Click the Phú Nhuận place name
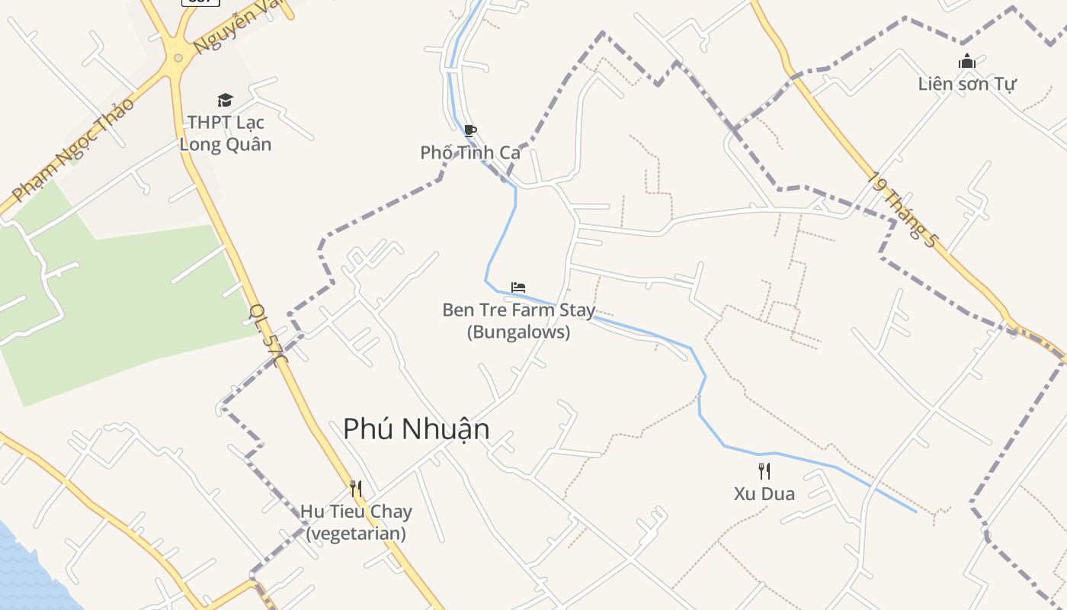coord(416,429)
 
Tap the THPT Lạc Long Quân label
coord(226,133)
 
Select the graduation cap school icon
coord(225,100)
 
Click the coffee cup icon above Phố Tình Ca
coord(470,131)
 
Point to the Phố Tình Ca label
coord(470,152)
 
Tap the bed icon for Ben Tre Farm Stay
coord(518,287)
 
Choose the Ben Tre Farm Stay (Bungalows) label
coord(518,321)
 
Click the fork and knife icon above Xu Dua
coord(764,470)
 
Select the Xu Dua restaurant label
coord(764,493)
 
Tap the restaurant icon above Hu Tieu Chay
coord(356,488)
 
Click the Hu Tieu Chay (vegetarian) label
coord(356,522)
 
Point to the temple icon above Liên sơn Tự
coord(967,61)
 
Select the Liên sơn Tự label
coord(967,83)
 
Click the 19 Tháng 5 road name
coord(903,209)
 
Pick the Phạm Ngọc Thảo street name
coord(74,149)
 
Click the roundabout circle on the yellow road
coord(178,57)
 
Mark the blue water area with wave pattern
coord(23,568)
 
